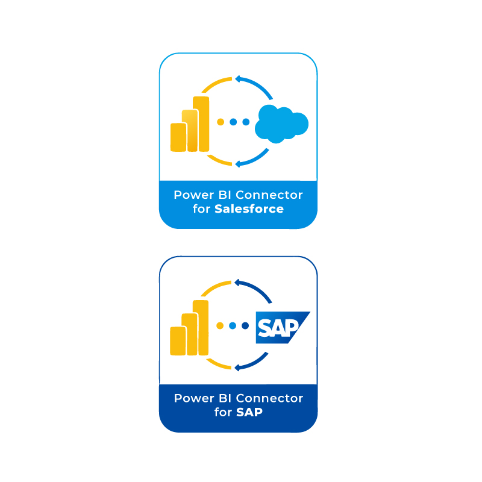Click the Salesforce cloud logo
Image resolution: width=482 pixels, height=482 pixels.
(x=281, y=124)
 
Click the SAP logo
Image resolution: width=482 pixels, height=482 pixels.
(x=283, y=327)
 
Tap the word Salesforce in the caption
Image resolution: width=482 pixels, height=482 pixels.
(x=249, y=209)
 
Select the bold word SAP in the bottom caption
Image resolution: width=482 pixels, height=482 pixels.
(x=249, y=412)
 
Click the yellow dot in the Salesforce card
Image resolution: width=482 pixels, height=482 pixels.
(x=221, y=122)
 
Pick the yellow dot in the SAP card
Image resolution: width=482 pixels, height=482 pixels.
(x=220, y=325)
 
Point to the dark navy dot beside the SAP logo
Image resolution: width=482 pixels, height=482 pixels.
(x=245, y=325)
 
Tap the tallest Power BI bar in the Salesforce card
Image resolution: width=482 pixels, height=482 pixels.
(x=201, y=124)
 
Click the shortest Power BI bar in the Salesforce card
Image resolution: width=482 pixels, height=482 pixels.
(x=178, y=137)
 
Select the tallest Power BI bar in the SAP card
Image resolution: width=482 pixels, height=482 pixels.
(x=201, y=328)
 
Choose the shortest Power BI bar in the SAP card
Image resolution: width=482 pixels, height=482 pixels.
(x=178, y=341)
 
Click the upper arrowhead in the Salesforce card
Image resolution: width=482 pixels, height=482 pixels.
(x=237, y=79)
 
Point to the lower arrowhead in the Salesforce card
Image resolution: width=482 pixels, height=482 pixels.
(x=237, y=164)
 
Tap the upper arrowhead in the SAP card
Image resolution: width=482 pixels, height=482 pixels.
(x=237, y=283)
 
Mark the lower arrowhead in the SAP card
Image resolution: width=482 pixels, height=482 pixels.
(x=237, y=368)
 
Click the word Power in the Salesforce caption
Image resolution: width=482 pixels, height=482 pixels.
(x=193, y=195)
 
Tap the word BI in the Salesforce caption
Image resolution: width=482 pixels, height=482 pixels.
(x=225, y=195)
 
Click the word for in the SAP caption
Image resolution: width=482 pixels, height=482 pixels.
(x=223, y=412)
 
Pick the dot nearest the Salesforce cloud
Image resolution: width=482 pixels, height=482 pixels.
(x=246, y=122)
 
